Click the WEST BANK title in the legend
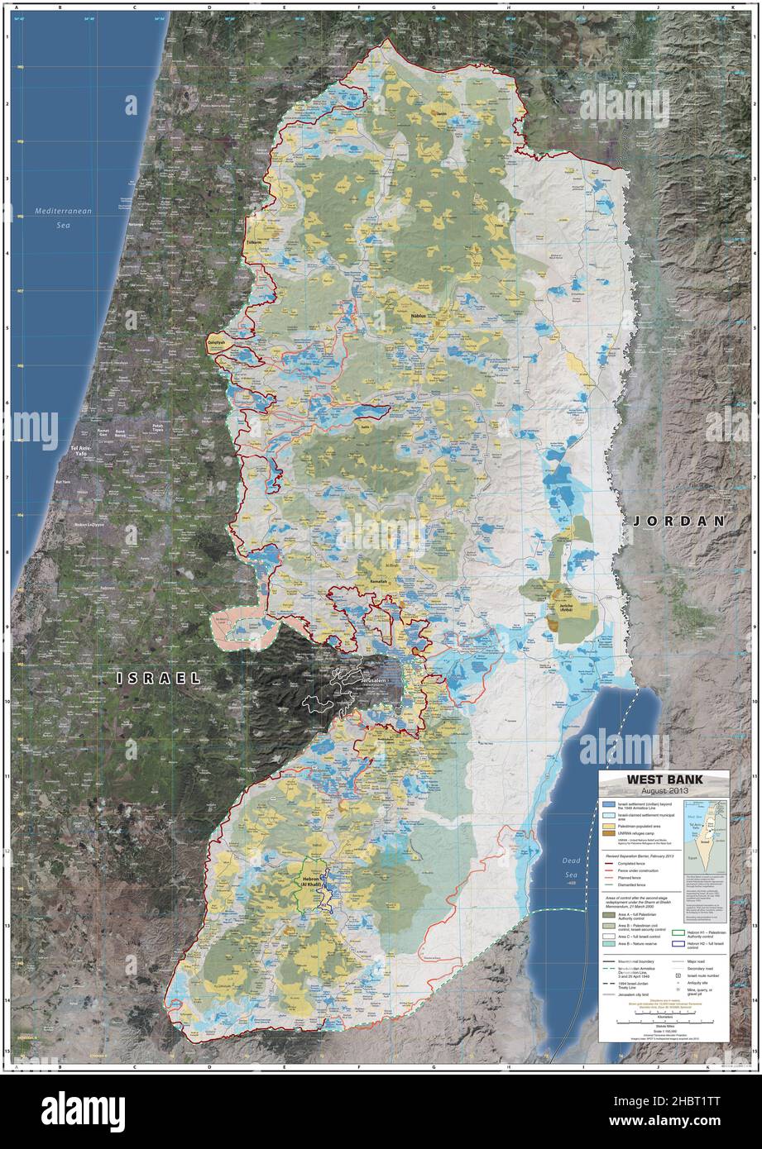tap(664, 779)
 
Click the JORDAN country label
tap(679, 522)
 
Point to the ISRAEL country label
tap(159, 678)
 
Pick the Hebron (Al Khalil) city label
tap(311, 881)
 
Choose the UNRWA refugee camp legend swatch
tap(609, 836)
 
